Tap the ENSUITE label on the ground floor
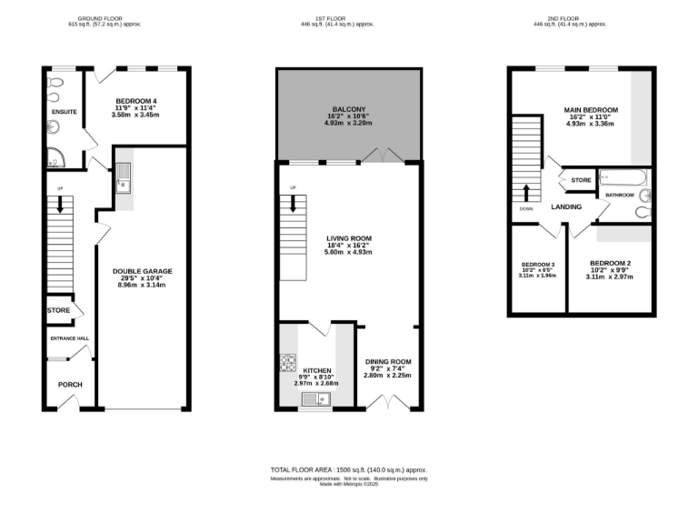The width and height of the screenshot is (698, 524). click(64, 112)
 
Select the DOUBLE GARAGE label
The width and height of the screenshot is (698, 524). click(142, 271)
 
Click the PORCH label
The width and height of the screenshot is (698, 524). click(70, 384)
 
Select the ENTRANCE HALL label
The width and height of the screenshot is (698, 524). click(69, 338)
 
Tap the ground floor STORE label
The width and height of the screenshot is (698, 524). click(58, 310)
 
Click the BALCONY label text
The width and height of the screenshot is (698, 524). click(349, 106)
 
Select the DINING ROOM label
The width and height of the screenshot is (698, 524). click(388, 361)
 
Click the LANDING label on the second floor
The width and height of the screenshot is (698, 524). click(566, 207)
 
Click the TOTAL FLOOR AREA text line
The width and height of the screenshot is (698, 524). click(349, 469)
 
